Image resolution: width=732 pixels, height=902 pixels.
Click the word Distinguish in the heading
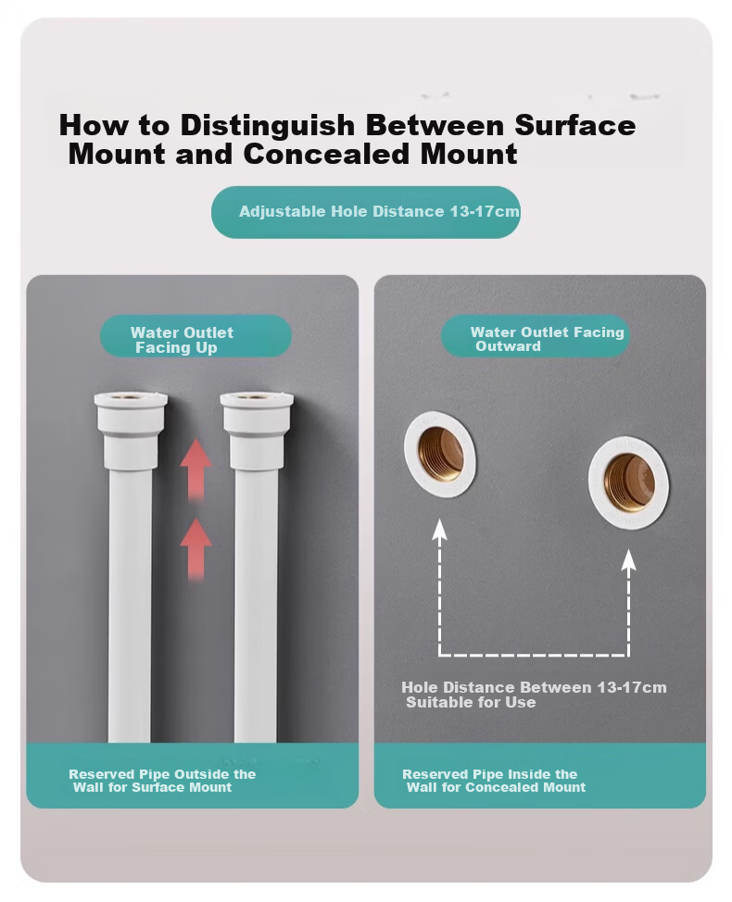pyautogui.click(x=267, y=126)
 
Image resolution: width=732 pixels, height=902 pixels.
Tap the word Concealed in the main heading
pyautogui.click(x=326, y=154)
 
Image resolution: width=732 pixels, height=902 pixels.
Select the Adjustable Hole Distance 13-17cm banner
pyautogui.click(x=366, y=212)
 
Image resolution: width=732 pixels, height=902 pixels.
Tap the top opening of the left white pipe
pyautogui.click(x=132, y=397)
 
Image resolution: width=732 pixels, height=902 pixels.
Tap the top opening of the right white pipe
pyautogui.click(x=257, y=397)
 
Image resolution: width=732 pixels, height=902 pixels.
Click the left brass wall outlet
pyautogui.click(x=440, y=455)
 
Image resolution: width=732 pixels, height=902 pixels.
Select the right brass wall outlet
pyautogui.click(x=628, y=482)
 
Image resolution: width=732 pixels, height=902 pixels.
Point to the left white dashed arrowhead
pyautogui.click(x=439, y=529)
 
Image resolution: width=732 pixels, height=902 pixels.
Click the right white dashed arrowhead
pyautogui.click(x=629, y=560)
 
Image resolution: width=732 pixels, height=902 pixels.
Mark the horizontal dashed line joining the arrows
pyautogui.click(x=534, y=655)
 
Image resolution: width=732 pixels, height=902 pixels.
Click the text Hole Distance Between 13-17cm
pyautogui.click(x=534, y=687)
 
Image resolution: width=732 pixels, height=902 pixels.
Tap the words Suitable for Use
pyautogui.click(x=471, y=702)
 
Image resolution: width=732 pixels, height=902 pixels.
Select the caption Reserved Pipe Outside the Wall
pyautogui.click(x=162, y=781)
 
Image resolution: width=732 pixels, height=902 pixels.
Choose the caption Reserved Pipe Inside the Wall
pyautogui.click(x=494, y=781)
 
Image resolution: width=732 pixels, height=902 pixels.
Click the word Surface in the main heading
pyautogui.click(x=574, y=125)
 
